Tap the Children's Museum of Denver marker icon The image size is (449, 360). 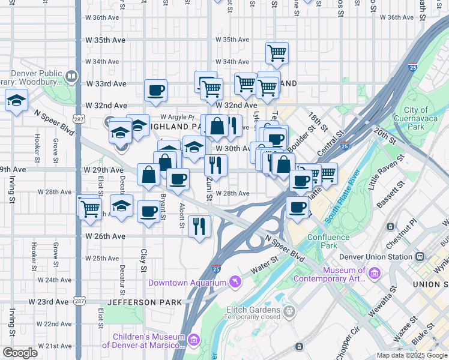pos(194,340)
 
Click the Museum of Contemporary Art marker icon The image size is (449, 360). pos(375,274)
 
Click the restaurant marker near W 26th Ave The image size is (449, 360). pos(199,226)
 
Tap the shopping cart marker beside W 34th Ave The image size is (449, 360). pos(277,53)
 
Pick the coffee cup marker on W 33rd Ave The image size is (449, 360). pos(155,91)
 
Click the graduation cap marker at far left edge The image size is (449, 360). pos(16,100)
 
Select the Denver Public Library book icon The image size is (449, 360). pos(71,76)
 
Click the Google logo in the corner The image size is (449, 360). pos(20,353)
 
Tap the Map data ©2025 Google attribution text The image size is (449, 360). pos(412,355)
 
